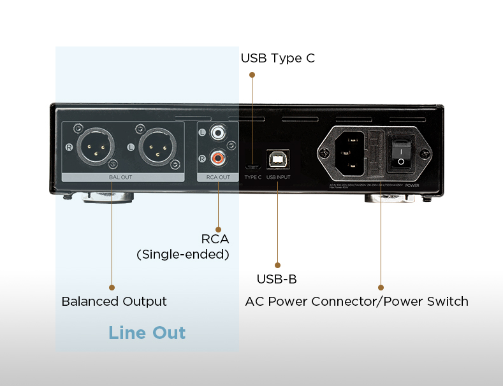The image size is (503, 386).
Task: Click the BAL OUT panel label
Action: click(x=121, y=177)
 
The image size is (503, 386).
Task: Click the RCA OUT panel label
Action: click(x=217, y=177)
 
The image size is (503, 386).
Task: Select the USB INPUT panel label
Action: click(x=278, y=177)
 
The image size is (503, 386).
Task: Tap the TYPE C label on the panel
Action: click(x=252, y=177)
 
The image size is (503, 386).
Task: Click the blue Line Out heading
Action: click(x=147, y=332)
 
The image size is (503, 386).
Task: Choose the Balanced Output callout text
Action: click(x=114, y=301)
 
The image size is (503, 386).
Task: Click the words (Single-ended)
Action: click(x=182, y=254)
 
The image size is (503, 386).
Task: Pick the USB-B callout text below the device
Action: click(x=277, y=279)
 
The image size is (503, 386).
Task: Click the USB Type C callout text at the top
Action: click(x=277, y=58)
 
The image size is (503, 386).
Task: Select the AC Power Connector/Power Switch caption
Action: click(x=356, y=301)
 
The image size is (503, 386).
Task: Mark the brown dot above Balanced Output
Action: click(x=112, y=287)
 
